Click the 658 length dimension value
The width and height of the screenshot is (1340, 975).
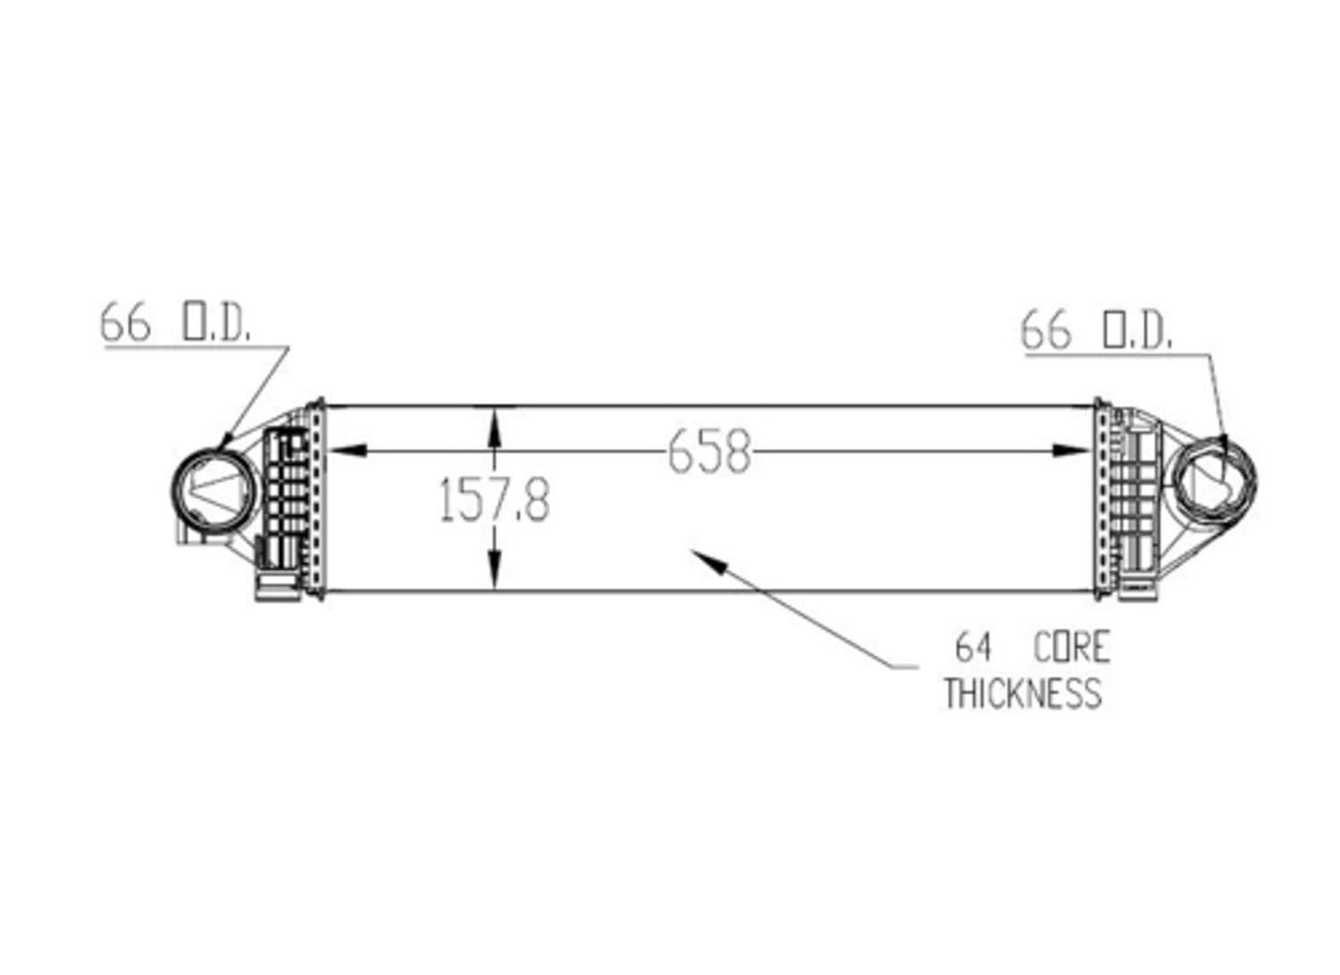pos(708,452)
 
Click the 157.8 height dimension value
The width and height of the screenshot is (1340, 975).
pos(494,499)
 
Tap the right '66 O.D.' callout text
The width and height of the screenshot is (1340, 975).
pos(1096,329)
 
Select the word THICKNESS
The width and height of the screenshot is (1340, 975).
pos(1023,693)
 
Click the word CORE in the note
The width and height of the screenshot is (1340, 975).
pos(1071,646)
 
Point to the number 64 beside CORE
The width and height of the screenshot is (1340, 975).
pos(974,646)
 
